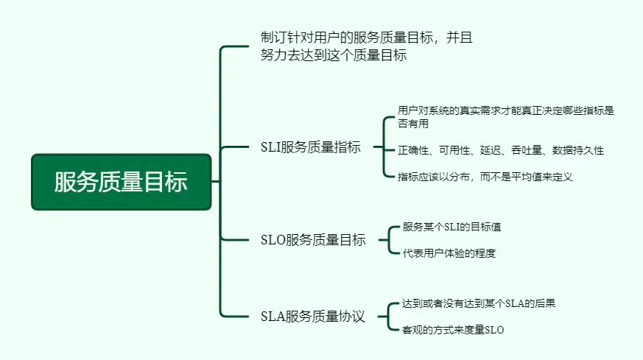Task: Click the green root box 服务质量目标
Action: [x=121, y=181]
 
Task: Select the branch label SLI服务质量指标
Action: [x=311, y=147]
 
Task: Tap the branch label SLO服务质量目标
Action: [x=313, y=240]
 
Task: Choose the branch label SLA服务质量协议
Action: [x=313, y=317]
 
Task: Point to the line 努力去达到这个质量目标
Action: [x=334, y=55]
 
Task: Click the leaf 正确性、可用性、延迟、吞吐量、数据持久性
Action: [x=501, y=150]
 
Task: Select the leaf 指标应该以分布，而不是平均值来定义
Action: [x=485, y=176]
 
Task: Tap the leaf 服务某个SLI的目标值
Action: [x=452, y=227]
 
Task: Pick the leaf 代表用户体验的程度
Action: [x=449, y=253]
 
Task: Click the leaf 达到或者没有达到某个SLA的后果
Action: [x=484, y=303]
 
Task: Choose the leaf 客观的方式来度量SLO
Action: [x=454, y=331]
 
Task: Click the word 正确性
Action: [x=412, y=150]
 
